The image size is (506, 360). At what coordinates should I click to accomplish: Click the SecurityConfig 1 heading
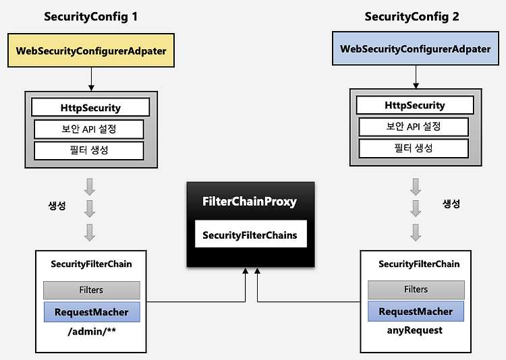[90, 17]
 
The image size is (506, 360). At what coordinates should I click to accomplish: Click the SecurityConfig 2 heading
[412, 17]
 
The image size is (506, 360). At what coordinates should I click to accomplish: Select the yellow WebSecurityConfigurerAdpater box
[91, 51]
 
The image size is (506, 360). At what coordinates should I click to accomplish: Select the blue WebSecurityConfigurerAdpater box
[416, 49]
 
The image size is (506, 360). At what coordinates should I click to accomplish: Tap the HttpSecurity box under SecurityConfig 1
[90, 107]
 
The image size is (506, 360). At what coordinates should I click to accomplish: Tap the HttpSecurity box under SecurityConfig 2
[415, 105]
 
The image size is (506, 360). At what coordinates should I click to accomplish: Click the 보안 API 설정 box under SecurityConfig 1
[89, 129]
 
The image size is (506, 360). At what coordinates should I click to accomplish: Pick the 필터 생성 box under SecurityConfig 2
[414, 148]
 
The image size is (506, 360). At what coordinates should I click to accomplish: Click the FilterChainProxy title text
[250, 202]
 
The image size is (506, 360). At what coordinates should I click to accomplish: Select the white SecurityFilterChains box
[251, 234]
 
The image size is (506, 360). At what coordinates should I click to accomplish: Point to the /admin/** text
[92, 331]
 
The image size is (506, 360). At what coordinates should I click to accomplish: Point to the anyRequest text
[415, 330]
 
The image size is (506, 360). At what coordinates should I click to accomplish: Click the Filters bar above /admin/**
[92, 290]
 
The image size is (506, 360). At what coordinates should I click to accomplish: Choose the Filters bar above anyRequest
[416, 289]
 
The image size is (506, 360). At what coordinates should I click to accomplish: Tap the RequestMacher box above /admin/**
[92, 312]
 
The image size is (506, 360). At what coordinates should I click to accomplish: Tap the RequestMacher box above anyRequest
[416, 311]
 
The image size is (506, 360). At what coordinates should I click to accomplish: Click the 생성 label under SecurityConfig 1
[57, 206]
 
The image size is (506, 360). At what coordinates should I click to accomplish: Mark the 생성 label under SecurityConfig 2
[451, 204]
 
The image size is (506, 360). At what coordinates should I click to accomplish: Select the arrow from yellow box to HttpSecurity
[91, 80]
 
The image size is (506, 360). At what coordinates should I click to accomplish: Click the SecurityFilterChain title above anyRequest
[419, 264]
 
